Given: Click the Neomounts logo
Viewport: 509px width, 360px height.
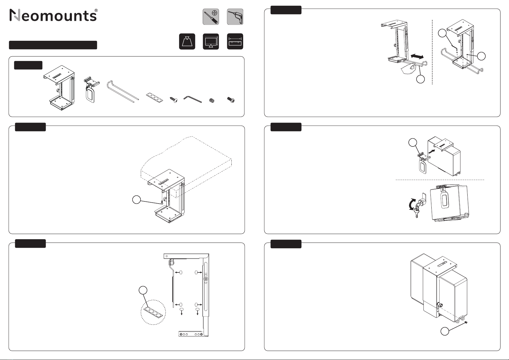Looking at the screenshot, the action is pos(54,15).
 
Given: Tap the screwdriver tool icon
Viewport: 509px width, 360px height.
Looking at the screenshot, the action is pos(211,17).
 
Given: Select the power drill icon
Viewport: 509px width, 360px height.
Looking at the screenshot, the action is pos(235,17).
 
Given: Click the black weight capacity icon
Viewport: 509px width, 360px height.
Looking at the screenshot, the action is pos(187,41).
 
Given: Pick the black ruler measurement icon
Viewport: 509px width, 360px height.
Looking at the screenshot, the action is pos(235,41).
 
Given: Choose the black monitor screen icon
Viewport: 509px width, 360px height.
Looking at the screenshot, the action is pos(211,41).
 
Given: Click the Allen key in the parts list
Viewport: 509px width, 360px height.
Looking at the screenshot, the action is pos(192,99).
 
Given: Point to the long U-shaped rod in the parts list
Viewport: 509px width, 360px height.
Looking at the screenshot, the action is pos(122,91).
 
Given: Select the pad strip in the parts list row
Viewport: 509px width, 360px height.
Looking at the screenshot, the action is pos(155,98).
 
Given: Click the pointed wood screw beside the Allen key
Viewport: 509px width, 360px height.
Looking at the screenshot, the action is pos(174,100).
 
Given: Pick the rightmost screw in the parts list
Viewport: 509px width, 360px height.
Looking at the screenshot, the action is pos(231,100).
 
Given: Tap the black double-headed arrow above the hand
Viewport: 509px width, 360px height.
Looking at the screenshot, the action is pos(417,56).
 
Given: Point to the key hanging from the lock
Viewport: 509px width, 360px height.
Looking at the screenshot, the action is pos(416,212).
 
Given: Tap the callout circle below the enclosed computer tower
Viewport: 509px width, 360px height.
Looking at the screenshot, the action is pos(445,331).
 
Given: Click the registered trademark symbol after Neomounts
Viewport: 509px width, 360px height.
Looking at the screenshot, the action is pos(96,10).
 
